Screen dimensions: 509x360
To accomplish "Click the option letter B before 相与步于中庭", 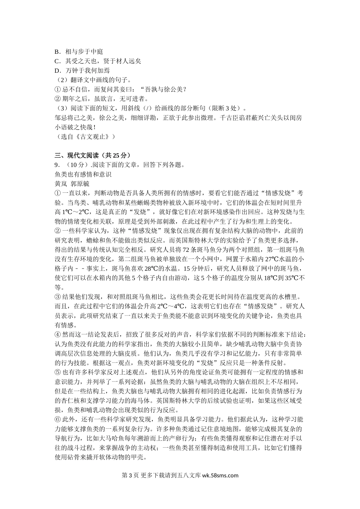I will tap(57, 52).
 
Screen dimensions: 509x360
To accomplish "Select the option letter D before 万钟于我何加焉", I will tap(57, 70).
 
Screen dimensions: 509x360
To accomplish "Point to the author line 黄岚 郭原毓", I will tap(72, 184).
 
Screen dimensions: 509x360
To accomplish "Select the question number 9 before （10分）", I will tap(56, 165).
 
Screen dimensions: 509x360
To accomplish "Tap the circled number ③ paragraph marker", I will tap(58, 297).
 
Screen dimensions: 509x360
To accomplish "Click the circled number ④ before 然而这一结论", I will tap(58, 335).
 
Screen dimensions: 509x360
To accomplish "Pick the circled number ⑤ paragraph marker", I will tap(58, 373).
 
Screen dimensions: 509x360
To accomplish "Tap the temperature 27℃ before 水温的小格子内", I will tap(271, 259).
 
